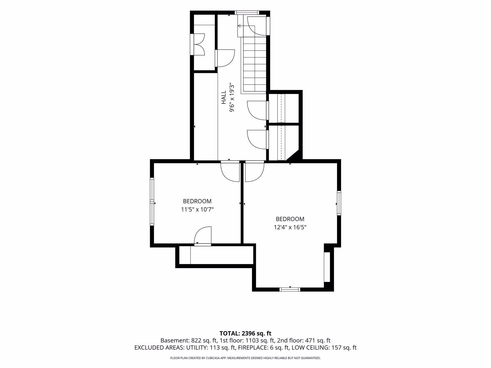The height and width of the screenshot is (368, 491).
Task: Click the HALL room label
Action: click(x=224, y=97)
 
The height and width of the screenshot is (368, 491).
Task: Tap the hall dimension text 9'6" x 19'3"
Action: click(x=232, y=97)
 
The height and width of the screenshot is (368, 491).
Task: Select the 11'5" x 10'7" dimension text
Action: click(x=197, y=210)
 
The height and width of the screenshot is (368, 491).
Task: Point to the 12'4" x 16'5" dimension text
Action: click(x=290, y=227)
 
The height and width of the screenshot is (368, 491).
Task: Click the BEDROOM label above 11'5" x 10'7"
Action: click(x=197, y=201)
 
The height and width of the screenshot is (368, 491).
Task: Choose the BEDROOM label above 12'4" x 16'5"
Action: click(x=290, y=219)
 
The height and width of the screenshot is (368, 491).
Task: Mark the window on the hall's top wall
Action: click(x=247, y=13)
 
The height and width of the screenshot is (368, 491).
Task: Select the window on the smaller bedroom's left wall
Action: click(x=152, y=202)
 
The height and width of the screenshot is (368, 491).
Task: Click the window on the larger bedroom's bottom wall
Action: click(x=290, y=289)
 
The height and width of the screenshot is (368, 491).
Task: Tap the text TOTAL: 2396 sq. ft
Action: click(x=245, y=333)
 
